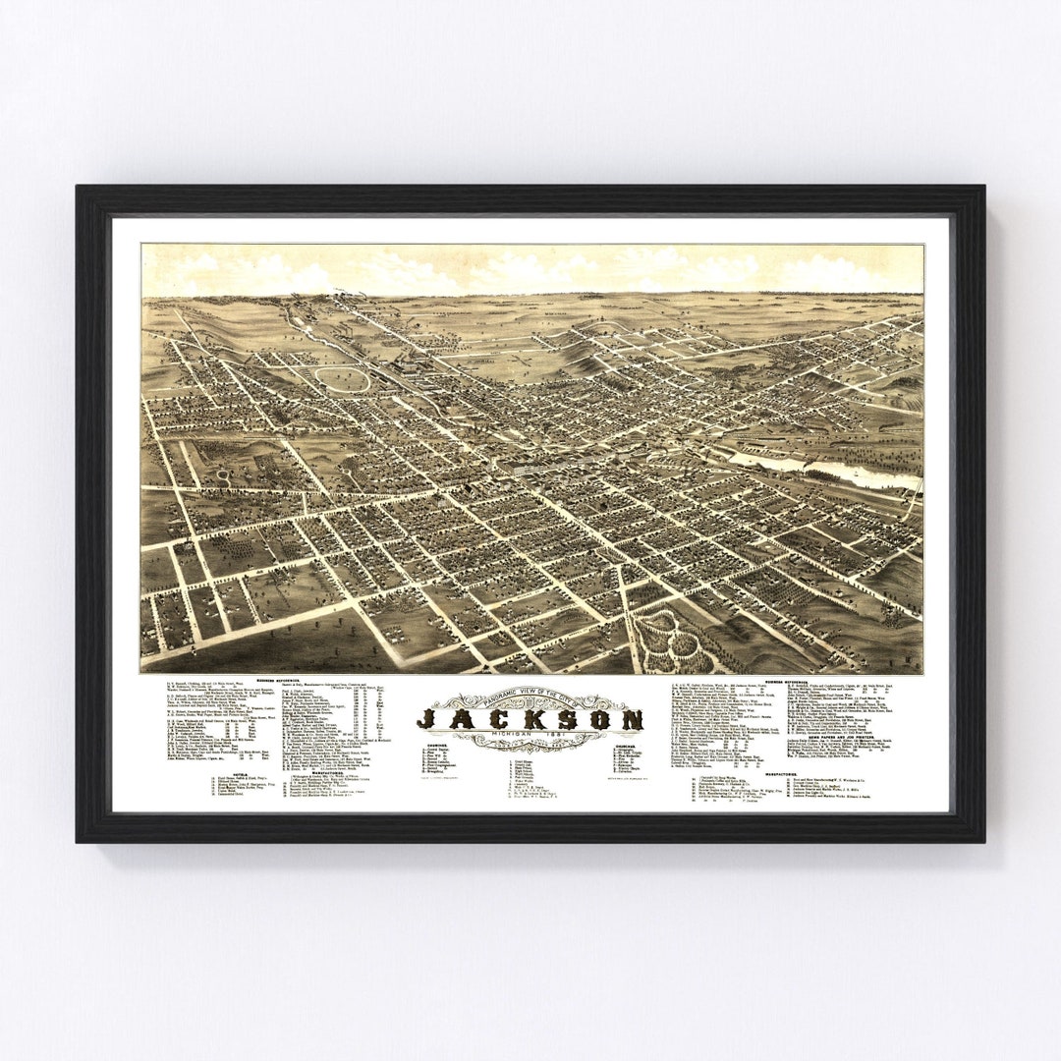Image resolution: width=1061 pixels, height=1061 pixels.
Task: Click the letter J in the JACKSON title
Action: click(x=428, y=719)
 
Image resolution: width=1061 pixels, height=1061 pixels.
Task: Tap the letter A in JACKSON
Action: click(x=461, y=719)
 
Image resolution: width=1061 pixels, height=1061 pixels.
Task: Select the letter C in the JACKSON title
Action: click(x=494, y=719)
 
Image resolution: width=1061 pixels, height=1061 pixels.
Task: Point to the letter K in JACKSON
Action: click(x=530, y=719)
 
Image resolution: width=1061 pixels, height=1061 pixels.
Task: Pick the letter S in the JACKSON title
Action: click(x=565, y=719)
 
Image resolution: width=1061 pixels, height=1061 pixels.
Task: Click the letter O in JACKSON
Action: click(x=598, y=719)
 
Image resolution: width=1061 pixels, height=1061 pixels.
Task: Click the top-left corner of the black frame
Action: click(x=78, y=188)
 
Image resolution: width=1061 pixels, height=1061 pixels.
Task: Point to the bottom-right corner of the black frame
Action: click(x=983, y=841)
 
